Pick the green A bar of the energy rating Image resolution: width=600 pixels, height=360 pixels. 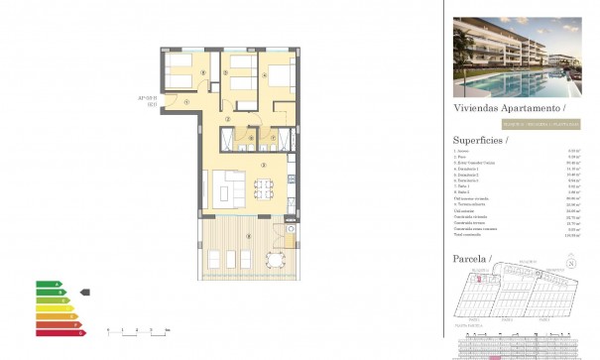point(47,284)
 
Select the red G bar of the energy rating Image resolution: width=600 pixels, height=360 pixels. point(57,330)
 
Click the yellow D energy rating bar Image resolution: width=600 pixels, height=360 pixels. point(52,307)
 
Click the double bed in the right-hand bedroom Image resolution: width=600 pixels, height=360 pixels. point(279,77)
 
